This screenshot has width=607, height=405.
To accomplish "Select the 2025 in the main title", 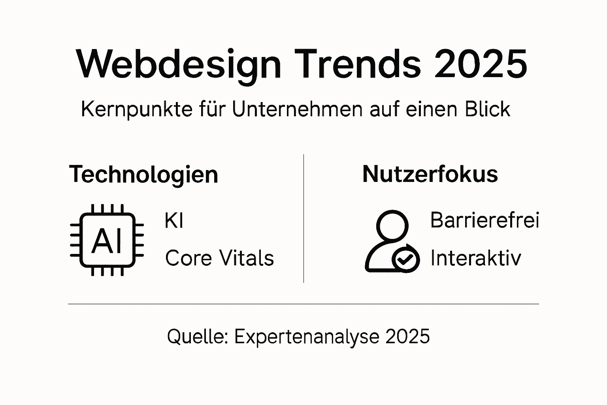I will (481, 64).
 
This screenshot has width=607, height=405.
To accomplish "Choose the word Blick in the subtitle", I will (488, 109).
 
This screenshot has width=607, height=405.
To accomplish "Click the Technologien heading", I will (143, 174).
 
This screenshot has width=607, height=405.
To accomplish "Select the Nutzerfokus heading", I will (430, 174).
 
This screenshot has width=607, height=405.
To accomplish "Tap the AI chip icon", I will (107, 240).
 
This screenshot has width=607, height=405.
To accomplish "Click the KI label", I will (174, 221).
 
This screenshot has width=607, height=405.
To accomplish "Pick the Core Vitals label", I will (219, 258).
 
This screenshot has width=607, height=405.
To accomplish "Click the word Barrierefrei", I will (484, 220).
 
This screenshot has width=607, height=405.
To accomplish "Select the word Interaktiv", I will (475, 258).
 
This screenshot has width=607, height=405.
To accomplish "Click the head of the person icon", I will (392, 225).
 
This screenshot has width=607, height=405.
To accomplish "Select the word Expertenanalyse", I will (307, 337).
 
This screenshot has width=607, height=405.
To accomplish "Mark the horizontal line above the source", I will (303, 304).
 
